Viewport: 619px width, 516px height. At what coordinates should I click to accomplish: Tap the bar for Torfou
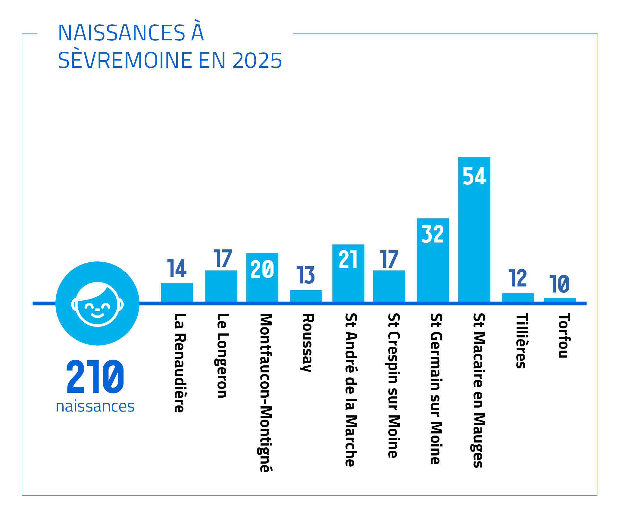tap(559, 300)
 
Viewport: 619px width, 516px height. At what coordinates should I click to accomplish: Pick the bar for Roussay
tap(306, 296)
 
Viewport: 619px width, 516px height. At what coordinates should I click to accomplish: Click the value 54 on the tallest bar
tap(474, 176)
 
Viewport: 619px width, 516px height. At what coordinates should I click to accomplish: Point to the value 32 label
tap(433, 234)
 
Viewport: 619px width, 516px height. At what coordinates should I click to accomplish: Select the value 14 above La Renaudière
tap(177, 268)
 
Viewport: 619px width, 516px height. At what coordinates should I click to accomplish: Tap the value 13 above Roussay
tap(305, 275)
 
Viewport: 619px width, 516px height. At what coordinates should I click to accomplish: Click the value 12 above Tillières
tap(517, 278)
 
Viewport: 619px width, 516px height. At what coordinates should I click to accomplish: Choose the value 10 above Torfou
tap(559, 284)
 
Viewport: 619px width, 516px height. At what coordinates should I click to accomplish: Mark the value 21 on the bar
tap(348, 259)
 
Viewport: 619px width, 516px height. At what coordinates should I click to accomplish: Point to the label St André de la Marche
tap(351, 390)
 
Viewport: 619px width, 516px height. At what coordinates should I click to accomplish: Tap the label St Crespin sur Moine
tap(394, 386)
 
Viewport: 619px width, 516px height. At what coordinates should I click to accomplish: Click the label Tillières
tap(521, 341)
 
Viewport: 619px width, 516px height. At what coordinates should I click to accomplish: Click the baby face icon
tap(97, 304)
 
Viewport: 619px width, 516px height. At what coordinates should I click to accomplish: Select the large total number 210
tap(95, 377)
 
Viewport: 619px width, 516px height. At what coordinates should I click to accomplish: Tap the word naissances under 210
tap(95, 406)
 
